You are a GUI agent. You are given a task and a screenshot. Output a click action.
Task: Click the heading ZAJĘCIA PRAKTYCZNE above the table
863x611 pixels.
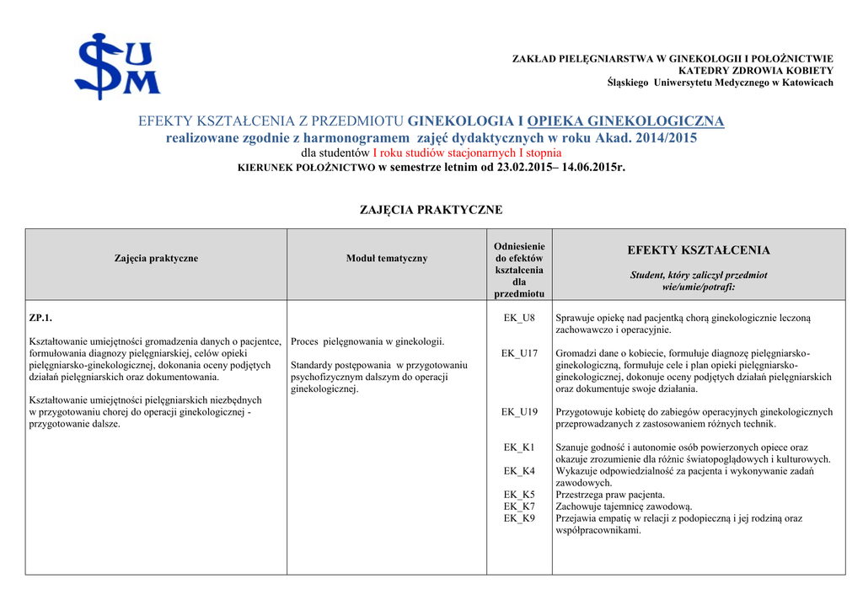pos(431,210)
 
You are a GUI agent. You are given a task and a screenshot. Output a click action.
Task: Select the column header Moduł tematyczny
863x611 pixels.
pos(387,259)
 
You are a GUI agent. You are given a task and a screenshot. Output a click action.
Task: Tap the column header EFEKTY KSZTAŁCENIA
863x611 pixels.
pos(699,250)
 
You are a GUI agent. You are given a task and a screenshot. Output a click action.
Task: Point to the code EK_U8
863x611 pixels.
pos(519,318)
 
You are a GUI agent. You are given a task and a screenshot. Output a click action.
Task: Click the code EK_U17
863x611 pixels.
pos(519,353)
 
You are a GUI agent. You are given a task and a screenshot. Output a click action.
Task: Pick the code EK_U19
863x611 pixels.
pos(519,412)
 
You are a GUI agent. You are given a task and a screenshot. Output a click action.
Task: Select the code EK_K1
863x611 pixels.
pos(519,448)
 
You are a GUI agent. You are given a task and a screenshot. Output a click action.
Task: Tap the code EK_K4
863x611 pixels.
pos(519,471)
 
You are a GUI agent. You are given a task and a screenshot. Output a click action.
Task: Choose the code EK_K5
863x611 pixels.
pos(519,495)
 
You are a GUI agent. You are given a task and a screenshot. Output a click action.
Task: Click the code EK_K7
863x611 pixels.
pos(519,506)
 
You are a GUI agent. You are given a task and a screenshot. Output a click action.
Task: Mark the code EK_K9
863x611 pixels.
pos(519,518)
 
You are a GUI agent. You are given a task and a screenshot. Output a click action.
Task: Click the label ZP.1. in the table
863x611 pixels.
pos(41,318)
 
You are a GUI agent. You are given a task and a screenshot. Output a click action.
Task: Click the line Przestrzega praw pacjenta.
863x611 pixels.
pos(610,495)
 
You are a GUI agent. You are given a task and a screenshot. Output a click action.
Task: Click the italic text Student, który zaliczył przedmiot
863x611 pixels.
pos(699,276)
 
